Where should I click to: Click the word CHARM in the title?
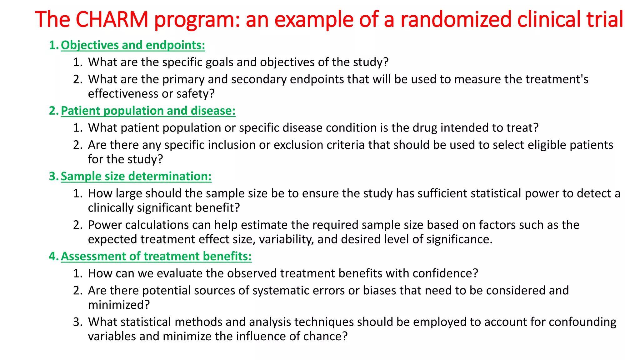(x=112, y=19)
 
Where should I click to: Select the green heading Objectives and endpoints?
(x=133, y=45)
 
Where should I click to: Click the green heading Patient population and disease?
(x=148, y=111)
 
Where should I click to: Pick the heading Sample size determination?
(x=136, y=176)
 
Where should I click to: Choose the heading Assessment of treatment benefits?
(x=156, y=256)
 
